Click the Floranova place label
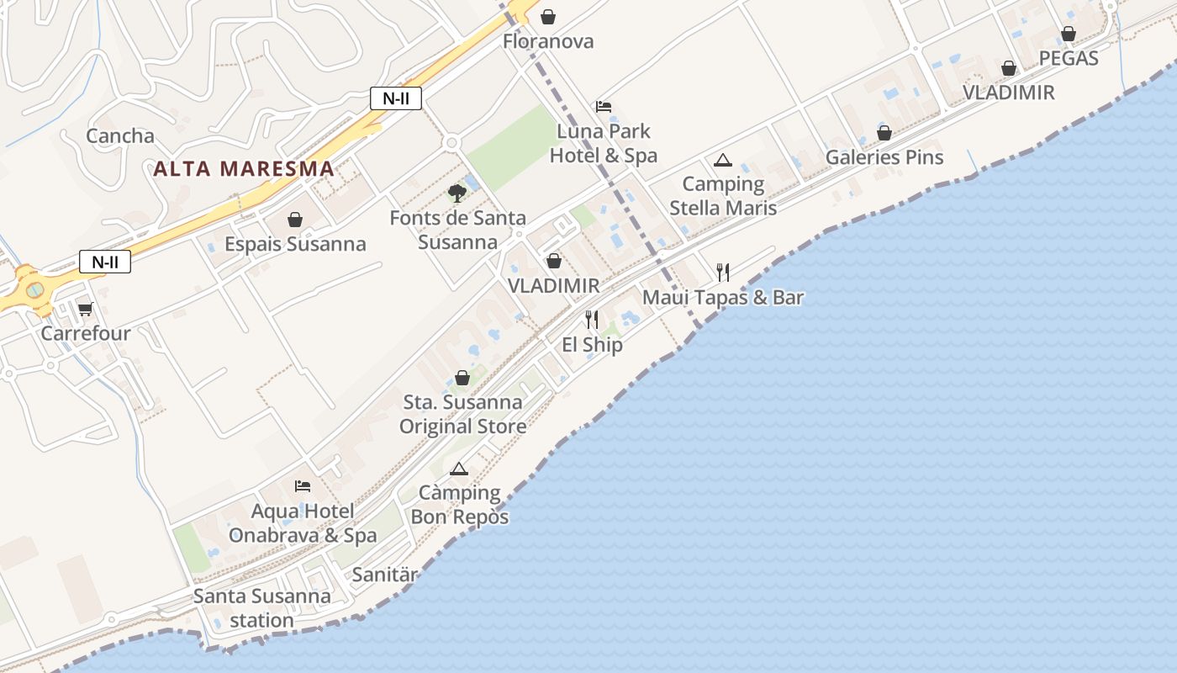[x=548, y=41]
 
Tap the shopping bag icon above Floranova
[x=548, y=17]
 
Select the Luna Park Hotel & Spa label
[x=604, y=144]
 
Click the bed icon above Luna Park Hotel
[x=604, y=107]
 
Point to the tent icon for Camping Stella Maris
[x=722, y=160]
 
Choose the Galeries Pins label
[x=884, y=157]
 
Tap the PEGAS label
[x=1069, y=58]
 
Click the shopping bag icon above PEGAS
[x=1068, y=34]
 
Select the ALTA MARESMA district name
[x=244, y=168]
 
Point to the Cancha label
[x=120, y=136]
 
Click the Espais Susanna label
[x=295, y=244]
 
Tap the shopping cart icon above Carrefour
[x=85, y=310]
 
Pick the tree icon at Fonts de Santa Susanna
[x=457, y=193]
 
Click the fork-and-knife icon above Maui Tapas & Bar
[x=722, y=272]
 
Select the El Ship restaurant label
[x=592, y=345]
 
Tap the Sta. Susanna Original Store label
[x=462, y=414]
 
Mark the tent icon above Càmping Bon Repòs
[x=458, y=469]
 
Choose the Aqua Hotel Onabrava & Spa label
[x=303, y=523]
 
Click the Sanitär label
[x=384, y=575]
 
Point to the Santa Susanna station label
[x=262, y=608]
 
